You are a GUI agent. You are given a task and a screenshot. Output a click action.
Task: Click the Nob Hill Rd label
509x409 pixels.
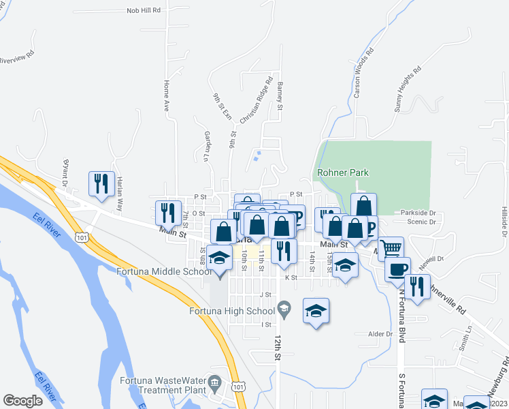click(x=143, y=11)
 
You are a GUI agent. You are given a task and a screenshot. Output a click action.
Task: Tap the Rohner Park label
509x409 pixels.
click(x=340, y=172)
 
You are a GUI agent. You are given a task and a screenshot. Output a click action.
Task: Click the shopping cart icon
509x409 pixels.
click(x=391, y=249)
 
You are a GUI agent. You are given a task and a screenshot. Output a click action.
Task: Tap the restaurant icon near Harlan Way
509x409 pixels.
click(x=100, y=184)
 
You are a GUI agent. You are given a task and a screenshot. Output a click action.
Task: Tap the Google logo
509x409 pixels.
click(x=22, y=401)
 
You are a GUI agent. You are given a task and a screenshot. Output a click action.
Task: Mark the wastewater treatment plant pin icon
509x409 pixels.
click(x=215, y=381)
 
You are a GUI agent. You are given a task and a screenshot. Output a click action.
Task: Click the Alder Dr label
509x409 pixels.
click(x=380, y=334)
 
